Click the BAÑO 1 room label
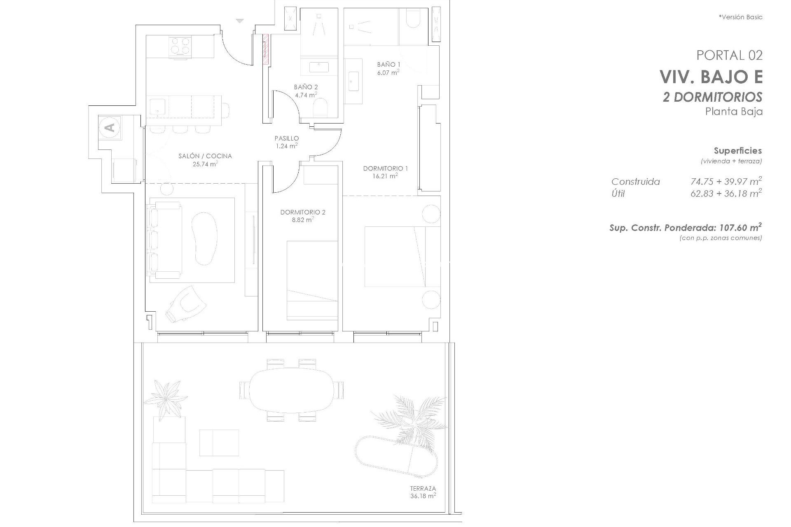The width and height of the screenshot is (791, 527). (x=388, y=65)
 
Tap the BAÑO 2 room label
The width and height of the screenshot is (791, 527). (x=306, y=87)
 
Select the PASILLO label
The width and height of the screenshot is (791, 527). (x=287, y=139)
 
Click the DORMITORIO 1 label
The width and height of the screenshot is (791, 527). (x=385, y=168)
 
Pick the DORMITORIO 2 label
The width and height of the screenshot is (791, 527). (x=303, y=212)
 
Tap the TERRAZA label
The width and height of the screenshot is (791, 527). (x=423, y=489)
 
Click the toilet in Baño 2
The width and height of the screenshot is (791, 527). (x=321, y=108)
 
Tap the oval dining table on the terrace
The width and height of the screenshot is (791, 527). (x=291, y=389)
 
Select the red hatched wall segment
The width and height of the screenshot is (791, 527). (x=266, y=49)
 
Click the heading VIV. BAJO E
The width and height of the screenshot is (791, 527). (x=711, y=77)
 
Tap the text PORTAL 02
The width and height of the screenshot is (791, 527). (x=729, y=55)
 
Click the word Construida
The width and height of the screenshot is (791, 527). (x=635, y=182)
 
